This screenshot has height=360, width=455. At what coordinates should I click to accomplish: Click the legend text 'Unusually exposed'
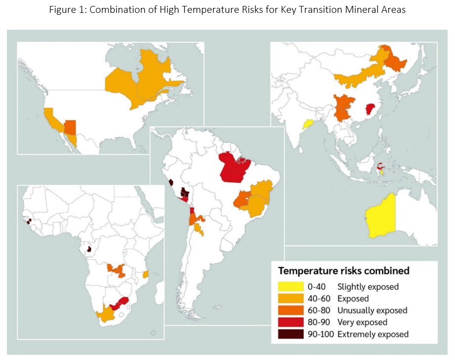point(372,311)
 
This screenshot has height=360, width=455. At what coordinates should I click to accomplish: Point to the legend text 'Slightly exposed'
point(368,287)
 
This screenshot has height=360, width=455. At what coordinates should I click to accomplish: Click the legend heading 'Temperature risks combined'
point(344,271)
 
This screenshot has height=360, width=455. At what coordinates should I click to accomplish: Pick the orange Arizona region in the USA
point(70,127)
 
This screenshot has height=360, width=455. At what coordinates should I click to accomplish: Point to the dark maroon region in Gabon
point(89,250)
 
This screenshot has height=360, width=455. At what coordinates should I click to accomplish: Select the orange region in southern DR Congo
point(117,270)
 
